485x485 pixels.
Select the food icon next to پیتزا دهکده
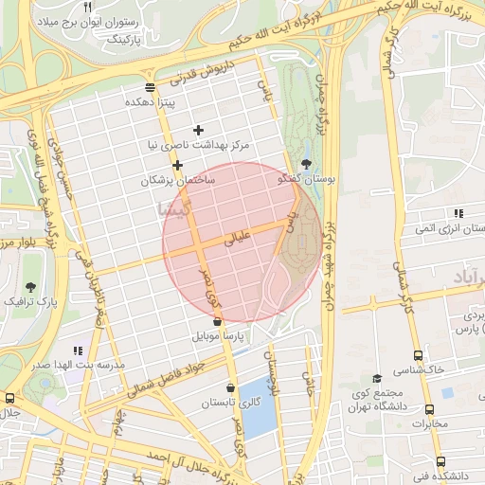[151, 87]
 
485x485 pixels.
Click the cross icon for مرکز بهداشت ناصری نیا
[198, 130]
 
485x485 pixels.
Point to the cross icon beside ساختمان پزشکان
[177, 165]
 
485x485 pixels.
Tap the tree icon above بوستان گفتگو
[304, 163]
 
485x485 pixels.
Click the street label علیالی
[233, 241]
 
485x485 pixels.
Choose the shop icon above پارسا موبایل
[218, 322]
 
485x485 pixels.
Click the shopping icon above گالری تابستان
[232, 388]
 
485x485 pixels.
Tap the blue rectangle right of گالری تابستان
[257, 398]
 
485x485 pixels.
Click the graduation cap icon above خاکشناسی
[377, 379]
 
